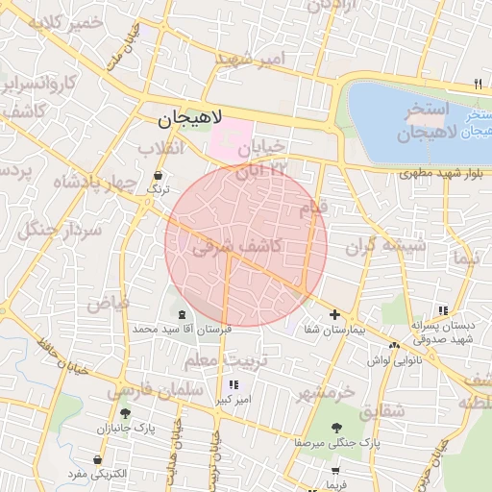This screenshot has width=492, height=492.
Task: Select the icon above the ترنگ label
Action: (x=158, y=176)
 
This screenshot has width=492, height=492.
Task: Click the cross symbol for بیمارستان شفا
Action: (x=334, y=314)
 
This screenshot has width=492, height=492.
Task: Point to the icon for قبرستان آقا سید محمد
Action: (x=183, y=315)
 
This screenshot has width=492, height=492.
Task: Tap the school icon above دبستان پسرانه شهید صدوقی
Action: (x=442, y=310)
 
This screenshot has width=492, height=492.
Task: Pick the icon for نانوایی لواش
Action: (x=394, y=346)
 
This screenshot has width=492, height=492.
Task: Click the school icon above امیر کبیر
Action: (x=233, y=384)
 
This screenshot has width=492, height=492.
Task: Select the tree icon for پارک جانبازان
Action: (x=125, y=413)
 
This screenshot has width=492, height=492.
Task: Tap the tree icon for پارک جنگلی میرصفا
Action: (x=335, y=428)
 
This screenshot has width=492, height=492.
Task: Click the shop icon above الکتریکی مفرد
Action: (x=98, y=459)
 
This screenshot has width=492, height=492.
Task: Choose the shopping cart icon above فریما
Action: (x=335, y=471)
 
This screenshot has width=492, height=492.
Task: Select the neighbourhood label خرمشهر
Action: (x=326, y=393)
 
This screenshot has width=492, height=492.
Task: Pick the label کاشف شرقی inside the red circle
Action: (x=236, y=247)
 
